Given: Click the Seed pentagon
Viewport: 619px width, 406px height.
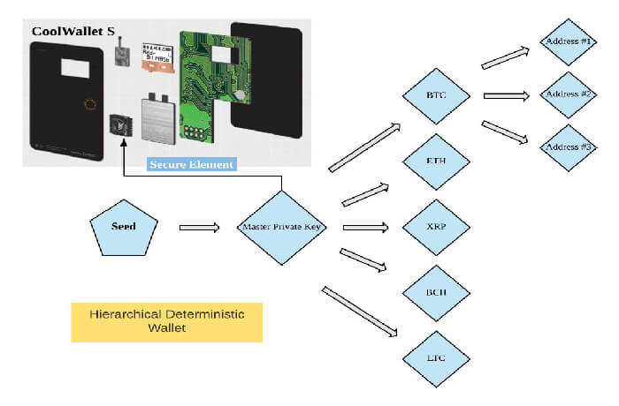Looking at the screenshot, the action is click(124, 229).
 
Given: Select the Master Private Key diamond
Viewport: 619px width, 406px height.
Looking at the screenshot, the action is click(281, 228).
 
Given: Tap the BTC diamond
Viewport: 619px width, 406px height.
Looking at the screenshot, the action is click(436, 96).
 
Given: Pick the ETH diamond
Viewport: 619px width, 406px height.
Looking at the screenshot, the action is click(436, 162).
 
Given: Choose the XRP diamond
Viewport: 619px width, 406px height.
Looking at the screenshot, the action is click(436, 228).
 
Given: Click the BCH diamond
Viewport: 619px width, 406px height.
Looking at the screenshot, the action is click(436, 293).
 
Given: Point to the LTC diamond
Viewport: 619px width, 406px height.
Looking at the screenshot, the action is click(436, 359).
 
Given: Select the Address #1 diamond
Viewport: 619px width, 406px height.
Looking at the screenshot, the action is click(568, 41).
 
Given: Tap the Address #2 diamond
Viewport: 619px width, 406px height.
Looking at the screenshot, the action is click(568, 95).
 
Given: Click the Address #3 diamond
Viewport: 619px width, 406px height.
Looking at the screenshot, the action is click(568, 147).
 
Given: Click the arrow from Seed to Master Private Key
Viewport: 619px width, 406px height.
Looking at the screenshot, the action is click(199, 228).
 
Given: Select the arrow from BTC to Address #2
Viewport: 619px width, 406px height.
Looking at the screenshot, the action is click(507, 96).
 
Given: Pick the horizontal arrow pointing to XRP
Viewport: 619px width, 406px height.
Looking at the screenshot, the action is click(366, 228).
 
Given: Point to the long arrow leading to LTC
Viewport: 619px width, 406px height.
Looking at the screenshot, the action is click(360, 312).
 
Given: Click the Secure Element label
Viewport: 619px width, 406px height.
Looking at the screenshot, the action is click(192, 164).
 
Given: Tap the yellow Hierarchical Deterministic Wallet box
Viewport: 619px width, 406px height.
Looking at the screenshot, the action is click(166, 322).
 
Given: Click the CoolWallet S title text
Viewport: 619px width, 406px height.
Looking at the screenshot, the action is click(73, 32).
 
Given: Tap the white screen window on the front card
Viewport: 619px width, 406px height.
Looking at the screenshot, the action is click(75, 68).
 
